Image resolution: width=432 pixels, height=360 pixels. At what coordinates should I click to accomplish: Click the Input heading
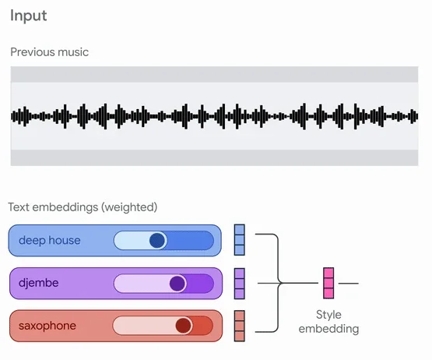[28, 16]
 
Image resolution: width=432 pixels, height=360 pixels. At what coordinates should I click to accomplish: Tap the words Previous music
[49, 52]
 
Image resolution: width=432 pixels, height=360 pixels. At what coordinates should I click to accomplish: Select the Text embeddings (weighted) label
[83, 207]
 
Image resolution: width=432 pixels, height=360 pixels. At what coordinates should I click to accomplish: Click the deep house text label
[50, 240]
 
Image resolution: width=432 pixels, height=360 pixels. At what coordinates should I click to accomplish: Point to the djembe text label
[39, 283]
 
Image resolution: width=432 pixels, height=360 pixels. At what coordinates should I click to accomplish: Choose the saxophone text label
[47, 326]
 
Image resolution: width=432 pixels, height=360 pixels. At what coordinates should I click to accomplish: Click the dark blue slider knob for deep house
[157, 240]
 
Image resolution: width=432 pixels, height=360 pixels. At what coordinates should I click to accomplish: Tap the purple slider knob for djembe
[177, 284]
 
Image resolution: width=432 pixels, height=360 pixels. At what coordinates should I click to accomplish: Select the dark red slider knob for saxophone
[184, 326]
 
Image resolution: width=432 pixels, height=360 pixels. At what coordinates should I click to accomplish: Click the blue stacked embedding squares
[240, 240]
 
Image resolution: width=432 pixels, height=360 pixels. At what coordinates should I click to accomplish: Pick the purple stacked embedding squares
[240, 284]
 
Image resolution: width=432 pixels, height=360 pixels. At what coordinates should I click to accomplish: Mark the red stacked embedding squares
[240, 326]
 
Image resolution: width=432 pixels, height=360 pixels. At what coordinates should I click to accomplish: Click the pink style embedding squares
[328, 283]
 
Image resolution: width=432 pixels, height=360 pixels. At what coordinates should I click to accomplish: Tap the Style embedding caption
[328, 322]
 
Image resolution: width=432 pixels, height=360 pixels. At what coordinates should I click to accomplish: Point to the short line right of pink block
[349, 284]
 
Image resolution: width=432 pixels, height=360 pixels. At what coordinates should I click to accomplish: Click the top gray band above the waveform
[214, 74]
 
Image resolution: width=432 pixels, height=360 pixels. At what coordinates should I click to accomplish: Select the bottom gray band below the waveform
[214, 158]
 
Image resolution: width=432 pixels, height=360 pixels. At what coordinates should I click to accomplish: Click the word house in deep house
[65, 240]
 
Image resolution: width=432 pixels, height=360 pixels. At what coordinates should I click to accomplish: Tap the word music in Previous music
[73, 52]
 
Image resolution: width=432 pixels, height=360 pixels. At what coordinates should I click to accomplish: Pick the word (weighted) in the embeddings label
[129, 207]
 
